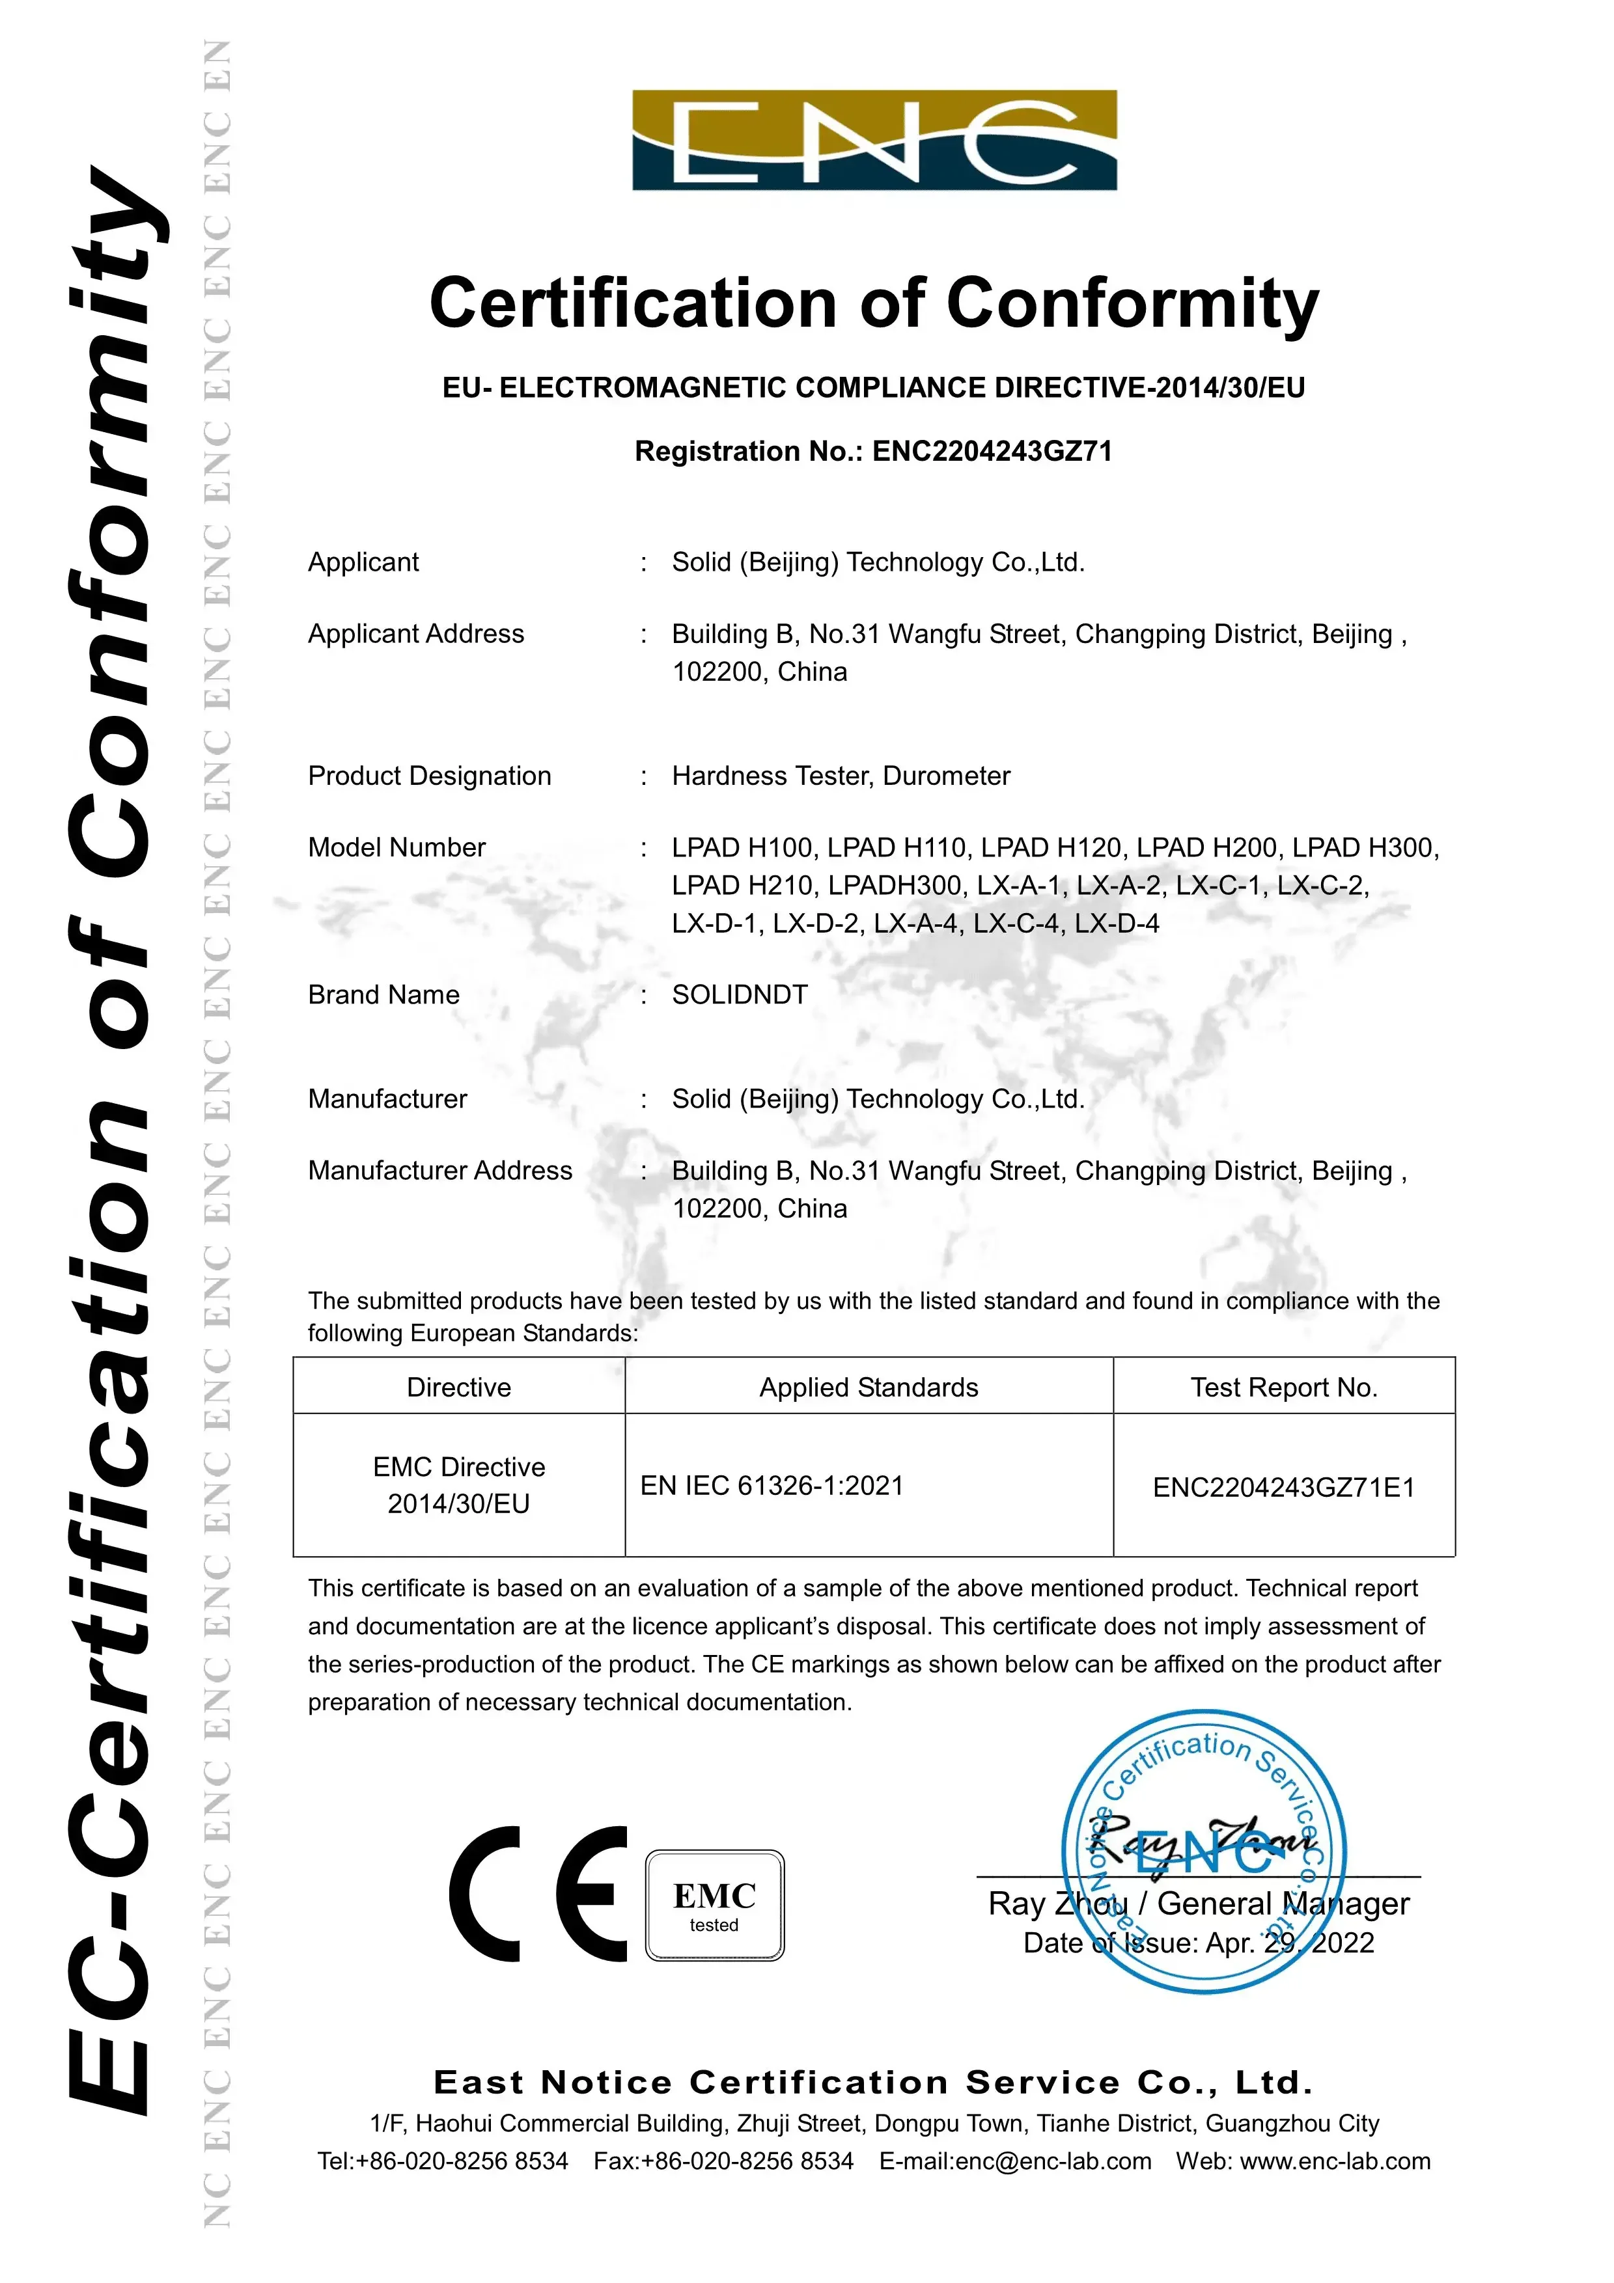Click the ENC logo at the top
874,140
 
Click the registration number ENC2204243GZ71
992,452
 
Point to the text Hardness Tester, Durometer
841,776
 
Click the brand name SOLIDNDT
739,994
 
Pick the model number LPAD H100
744,847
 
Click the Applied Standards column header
868,1387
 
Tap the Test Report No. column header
1284,1387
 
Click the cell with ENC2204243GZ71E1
1283,1488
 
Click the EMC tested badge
714,1905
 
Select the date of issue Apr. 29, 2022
1290,1943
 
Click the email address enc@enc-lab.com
1053,2161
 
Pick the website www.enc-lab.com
1335,2161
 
